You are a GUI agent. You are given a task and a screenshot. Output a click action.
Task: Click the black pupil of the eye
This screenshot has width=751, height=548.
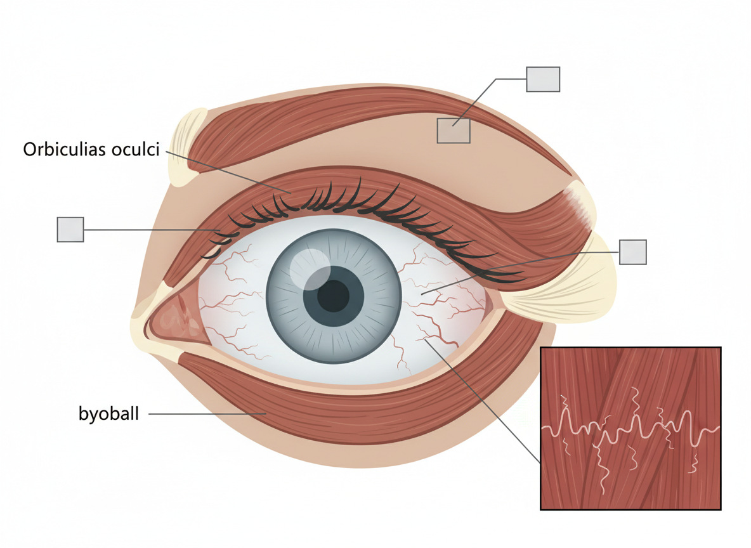(333, 296)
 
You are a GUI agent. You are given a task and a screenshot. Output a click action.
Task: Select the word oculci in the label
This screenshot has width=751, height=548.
(135, 150)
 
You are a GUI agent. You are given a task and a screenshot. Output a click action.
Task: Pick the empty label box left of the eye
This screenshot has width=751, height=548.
(70, 229)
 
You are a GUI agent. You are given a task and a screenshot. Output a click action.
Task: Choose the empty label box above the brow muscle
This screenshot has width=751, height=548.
(543, 79)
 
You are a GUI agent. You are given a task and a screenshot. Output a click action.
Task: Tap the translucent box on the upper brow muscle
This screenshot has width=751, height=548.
(454, 130)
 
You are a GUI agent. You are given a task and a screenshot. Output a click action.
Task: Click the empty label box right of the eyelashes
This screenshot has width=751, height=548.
(632, 252)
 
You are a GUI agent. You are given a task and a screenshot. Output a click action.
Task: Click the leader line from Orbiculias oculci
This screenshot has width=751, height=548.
(228, 171)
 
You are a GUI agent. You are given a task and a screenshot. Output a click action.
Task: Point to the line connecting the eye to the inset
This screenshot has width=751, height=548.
(482, 400)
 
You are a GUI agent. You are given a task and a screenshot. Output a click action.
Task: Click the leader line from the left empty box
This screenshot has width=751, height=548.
(152, 230)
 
